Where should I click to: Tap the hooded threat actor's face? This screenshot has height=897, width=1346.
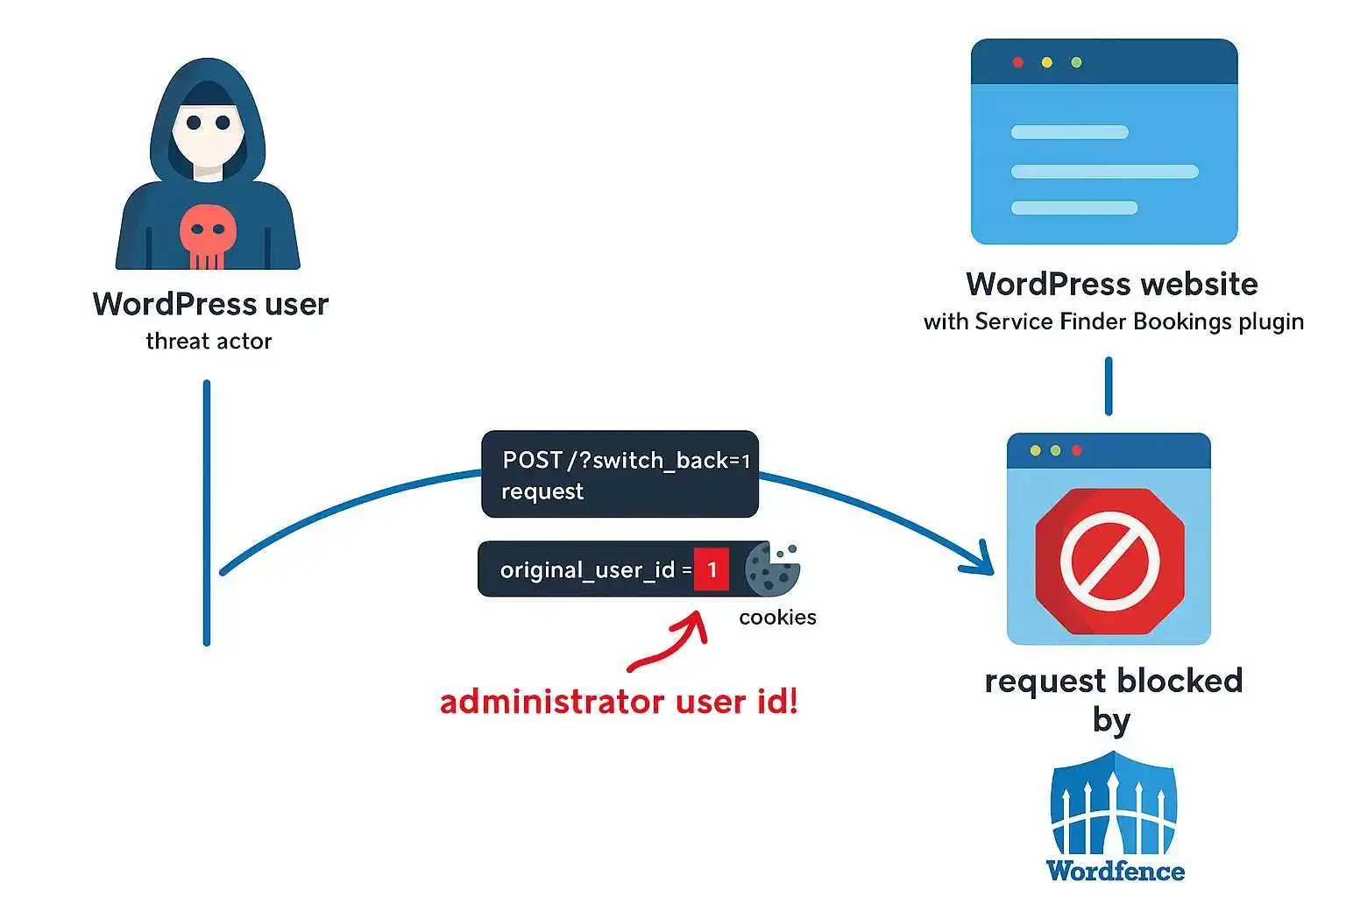[209, 131]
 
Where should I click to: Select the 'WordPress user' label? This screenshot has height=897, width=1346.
[210, 304]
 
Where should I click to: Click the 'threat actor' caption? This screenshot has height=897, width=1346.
[209, 341]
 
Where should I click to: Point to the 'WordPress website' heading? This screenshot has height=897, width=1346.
[1111, 284]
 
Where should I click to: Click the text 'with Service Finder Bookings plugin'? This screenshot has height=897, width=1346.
[1113, 321]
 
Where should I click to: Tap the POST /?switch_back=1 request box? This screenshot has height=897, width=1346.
[620, 474]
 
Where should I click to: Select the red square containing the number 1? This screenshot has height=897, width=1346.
[712, 569]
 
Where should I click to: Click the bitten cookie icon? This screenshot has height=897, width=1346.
[772, 569]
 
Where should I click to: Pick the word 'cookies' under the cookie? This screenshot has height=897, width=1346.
[777, 618]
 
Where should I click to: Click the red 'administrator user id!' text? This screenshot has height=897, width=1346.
[619, 702]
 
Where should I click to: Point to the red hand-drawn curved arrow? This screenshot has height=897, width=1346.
[671, 645]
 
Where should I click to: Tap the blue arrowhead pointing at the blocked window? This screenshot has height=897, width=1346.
[980, 561]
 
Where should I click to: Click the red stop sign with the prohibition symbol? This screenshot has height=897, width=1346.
[1109, 561]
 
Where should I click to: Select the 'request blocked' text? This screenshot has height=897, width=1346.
[1113, 681]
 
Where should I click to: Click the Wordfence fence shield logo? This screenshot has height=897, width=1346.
[1113, 806]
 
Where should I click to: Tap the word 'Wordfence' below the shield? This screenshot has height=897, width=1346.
[1115, 871]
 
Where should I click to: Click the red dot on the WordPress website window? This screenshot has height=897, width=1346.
[1018, 62]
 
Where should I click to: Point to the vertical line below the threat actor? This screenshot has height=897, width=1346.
[207, 512]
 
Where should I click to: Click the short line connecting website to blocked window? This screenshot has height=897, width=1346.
[1109, 385]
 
